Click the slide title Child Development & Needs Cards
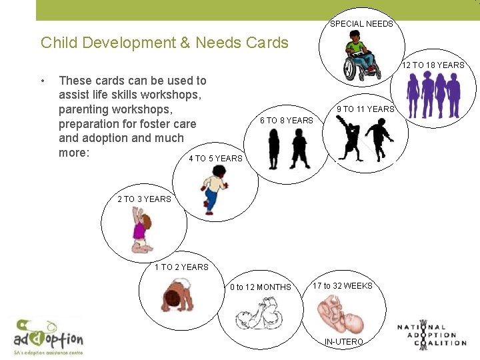pyautogui.click(x=165, y=43)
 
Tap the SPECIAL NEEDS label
pyautogui.click(x=361, y=24)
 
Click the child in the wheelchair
pyautogui.click(x=359, y=60)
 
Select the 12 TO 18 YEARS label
pyautogui.click(x=433, y=65)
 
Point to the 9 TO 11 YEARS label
pyautogui.click(x=365, y=109)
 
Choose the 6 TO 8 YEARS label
pyautogui.click(x=287, y=121)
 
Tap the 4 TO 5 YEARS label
pyautogui.click(x=215, y=159)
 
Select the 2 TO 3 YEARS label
pyautogui.click(x=144, y=199)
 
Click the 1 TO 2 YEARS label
pyautogui.click(x=181, y=267)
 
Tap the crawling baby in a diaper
pyautogui.click(x=177, y=297)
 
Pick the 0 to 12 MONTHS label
pyautogui.click(x=261, y=287)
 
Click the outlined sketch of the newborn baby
pyautogui.click(x=262, y=313)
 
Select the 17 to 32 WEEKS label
pyautogui.click(x=343, y=286)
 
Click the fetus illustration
pyautogui.click(x=341, y=313)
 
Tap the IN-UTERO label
pyautogui.click(x=343, y=342)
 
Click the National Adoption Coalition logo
pyautogui.click(x=431, y=333)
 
